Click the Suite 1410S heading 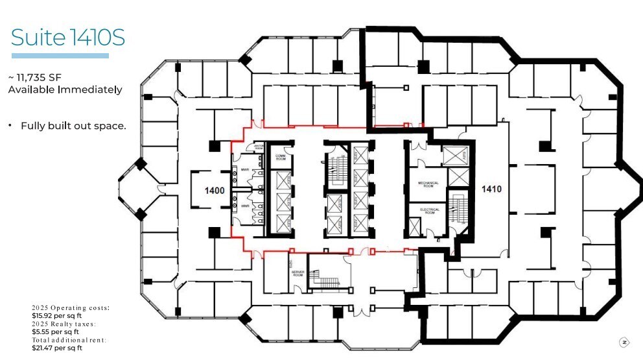[x=67, y=38]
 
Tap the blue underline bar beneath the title [x=60, y=56]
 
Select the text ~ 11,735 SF [x=34, y=77]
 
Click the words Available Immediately [x=65, y=90]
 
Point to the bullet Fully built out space [x=73, y=126]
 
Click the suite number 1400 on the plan [x=215, y=191]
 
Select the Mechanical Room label [x=428, y=184]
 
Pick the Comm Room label [x=281, y=157]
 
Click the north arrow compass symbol [x=624, y=342]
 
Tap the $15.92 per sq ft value [x=57, y=316]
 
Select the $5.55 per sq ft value [x=55, y=331]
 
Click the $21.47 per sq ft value [x=57, y=348]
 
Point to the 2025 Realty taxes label [x=64, y=324]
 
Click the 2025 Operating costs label [x=71, y=307]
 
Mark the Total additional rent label [x=69, y=340]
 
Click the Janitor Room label [x=258, y=147]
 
